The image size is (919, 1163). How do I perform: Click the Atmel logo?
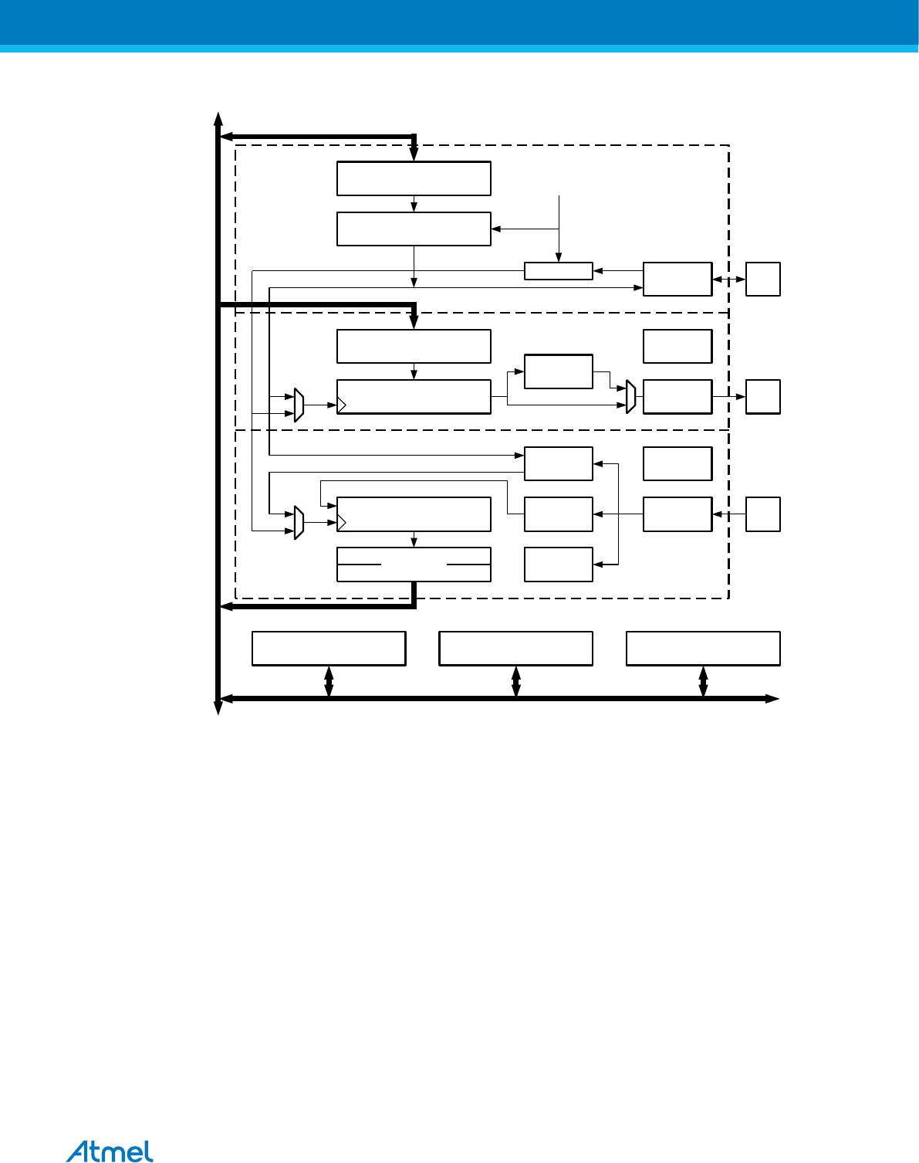click(x=110, y=1151)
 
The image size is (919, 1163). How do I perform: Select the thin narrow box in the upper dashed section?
click(x=558, y=271)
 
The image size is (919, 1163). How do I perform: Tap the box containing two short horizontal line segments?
click(x=414, y=565)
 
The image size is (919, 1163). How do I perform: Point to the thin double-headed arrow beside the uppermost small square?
click(x=728, y=280)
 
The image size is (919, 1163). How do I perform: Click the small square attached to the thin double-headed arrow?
click(x=762, y=280)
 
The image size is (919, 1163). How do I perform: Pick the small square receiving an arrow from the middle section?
click(x=762, y=397)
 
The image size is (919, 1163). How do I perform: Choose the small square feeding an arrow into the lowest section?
click(x=762, y=514)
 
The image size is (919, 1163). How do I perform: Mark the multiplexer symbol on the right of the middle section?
click(x=630, y=397)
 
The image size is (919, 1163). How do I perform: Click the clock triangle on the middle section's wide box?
click(x=342, y=405)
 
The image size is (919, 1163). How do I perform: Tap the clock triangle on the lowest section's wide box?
click(x=342, y=523)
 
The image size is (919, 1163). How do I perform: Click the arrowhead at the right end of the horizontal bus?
click(x=772, y=699)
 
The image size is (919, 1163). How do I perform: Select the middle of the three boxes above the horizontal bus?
click(x=515, y=649)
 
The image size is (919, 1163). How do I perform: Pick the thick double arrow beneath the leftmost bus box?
click(x=329, y=682)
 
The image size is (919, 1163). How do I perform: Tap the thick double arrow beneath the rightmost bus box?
click(x=703, y=682)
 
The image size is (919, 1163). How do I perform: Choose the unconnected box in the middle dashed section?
click(x=677, y=346)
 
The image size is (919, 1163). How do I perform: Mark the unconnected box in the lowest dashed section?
click(x=677, y=463)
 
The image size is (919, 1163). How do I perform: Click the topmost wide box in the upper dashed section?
click(x=414, y=178)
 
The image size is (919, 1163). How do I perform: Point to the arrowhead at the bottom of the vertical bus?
click(x=218, y=708)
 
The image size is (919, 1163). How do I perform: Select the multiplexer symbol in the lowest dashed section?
click(x=299, y=523)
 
